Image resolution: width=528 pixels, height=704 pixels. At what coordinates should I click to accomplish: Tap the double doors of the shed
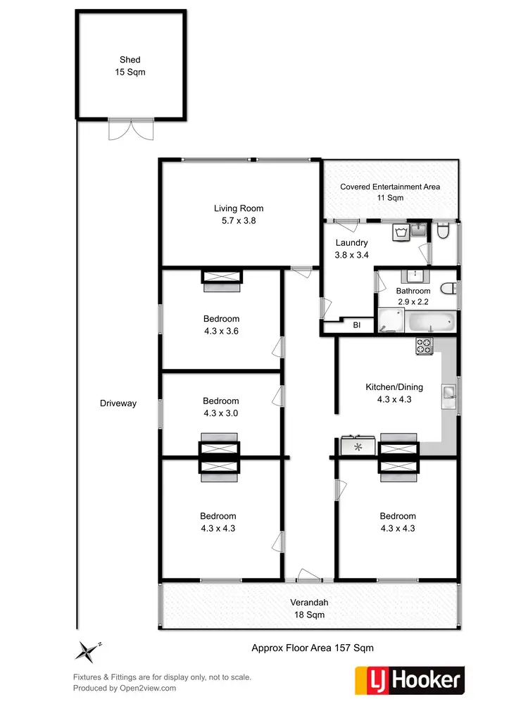point(130,130)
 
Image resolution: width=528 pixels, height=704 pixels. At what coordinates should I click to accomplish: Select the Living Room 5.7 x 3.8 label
point(239,214)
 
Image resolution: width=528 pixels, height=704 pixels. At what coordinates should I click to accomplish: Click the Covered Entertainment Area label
point(390,192)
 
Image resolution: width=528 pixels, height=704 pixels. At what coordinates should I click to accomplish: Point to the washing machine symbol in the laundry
point(401,232)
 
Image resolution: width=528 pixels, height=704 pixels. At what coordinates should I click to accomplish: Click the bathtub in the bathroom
point(429,322)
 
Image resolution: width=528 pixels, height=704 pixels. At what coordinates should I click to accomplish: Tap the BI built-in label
point(357,325)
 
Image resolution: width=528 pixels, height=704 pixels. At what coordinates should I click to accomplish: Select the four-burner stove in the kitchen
point(425,346)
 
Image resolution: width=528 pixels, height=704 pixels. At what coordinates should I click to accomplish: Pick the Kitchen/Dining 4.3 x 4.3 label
point(388,393)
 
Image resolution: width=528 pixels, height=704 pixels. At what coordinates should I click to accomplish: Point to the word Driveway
point(118,403)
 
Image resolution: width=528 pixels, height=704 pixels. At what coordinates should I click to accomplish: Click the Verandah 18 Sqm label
point(310,608)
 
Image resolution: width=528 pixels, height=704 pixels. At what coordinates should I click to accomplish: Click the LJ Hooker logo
point(409,679)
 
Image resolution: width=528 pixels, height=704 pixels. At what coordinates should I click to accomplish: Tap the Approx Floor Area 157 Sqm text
point(313,648)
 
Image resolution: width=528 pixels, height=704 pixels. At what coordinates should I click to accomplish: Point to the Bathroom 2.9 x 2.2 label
point(413,296)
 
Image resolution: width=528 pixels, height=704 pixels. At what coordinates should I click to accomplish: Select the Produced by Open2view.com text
point(125,688)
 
